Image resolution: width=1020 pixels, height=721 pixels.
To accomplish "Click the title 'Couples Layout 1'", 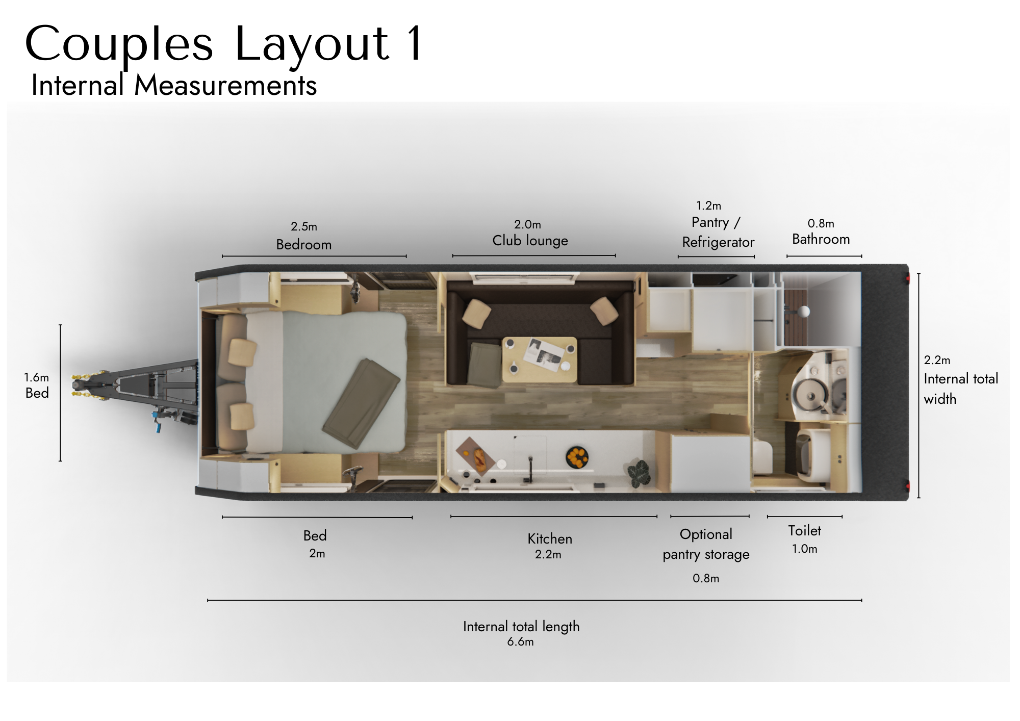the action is [x=223, y=45].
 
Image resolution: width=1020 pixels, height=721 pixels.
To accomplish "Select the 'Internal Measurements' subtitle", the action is [x=174, y=85].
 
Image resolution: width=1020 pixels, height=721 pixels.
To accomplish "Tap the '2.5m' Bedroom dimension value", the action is [x=304, y=226].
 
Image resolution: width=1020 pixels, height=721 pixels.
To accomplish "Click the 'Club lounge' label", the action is [x=530, y=241].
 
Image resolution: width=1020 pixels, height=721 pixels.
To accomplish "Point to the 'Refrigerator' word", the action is [x=718, y=243].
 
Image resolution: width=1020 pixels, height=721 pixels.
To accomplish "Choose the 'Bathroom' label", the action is [x=821, y=239].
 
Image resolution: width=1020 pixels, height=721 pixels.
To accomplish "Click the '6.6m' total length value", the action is [x=520, y=642].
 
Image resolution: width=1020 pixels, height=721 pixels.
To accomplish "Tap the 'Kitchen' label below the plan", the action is [x=550, y=539].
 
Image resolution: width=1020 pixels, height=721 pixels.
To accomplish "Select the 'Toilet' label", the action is [x=805, y=531].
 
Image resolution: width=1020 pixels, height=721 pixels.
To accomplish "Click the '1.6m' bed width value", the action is [x=37, y=378].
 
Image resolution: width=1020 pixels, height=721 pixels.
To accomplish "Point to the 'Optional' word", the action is [x=706, y=535].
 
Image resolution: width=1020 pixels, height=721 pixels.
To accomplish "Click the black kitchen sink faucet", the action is [x=530, y=470].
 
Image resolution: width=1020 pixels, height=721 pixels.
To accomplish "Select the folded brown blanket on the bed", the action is [x=361, y=403].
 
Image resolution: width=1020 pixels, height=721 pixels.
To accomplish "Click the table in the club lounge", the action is [x=540, y=359].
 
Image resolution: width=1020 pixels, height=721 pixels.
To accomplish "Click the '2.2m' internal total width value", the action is [x=937, y=360].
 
